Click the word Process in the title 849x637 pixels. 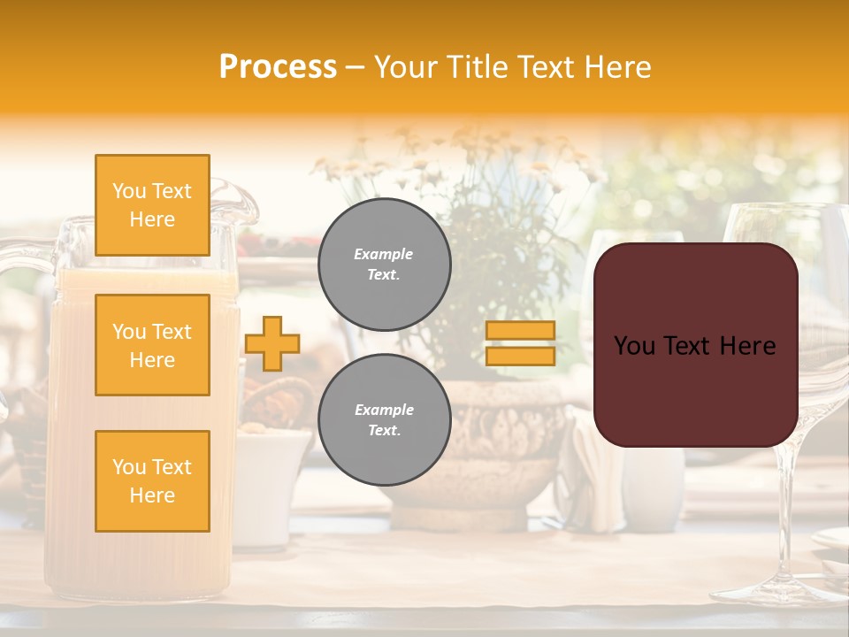coord(278,67)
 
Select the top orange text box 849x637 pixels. coord(152,205)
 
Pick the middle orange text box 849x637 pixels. coord(152,345)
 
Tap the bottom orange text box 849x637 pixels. coord(152,481)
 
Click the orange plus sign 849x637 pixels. coord(272,343)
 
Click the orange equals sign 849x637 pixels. coord(520,343)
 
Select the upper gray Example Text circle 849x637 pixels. coord(384,265)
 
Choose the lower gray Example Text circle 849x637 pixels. coord(384,420)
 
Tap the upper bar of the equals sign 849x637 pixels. coord(520,331)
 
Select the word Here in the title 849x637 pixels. coord(617,67)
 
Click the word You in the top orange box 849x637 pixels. coord(129,191)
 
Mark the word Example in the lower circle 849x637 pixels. coord(384,410)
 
